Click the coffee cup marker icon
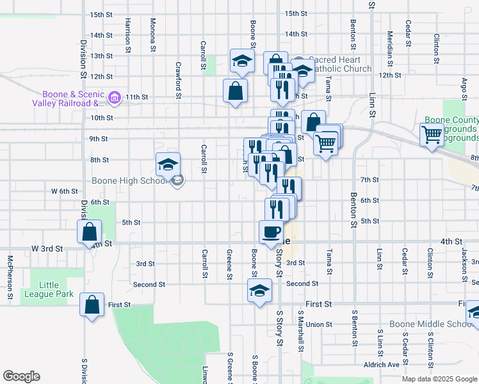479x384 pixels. tap(272, 231)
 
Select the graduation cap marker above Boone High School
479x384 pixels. tap(168, 165)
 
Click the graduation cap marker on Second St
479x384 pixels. tap(259, 290)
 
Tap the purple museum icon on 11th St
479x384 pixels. tap(115, 97)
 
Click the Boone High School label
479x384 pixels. tap(131, 180)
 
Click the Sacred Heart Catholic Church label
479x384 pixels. tap(339, 65)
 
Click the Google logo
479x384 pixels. tap(22, 376)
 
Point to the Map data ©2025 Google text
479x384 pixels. tap(439, 378)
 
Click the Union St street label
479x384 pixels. tap(318, 324)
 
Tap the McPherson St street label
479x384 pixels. tap(10, 278)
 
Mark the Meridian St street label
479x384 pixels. tap(389, 41)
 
